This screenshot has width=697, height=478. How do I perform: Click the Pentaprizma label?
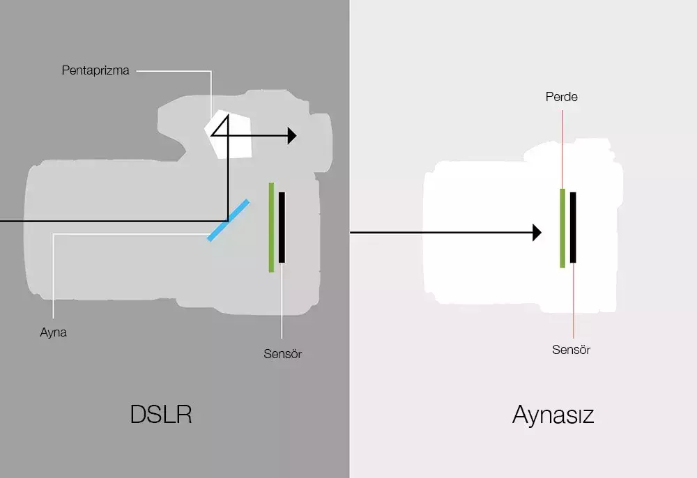pos(95,70)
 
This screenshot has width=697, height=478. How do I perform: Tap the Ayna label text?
pos(53,332)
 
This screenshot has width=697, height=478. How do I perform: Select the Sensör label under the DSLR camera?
pos(282,353)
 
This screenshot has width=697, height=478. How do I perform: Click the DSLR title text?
pos(161,414)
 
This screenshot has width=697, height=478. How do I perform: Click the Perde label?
pos(561,97)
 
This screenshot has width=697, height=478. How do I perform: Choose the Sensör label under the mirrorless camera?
pos(571,350)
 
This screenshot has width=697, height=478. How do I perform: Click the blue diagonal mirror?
pos(228,220)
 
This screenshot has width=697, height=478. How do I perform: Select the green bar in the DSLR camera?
pos(271,227)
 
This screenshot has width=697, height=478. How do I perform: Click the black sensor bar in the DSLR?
pos(282,227)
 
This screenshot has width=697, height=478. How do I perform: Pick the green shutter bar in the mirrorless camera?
pos(562,228)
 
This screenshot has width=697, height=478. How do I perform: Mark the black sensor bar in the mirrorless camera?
pos(573,228)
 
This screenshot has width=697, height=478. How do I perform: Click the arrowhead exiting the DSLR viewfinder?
pos(291,135)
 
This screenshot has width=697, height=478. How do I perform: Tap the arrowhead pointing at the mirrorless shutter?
pos(537,233)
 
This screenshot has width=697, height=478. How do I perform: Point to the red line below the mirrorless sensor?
pos(573,300)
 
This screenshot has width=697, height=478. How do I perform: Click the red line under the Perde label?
pos(562,146)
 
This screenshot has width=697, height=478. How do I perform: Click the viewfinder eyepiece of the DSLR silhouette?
pos(322,143)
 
